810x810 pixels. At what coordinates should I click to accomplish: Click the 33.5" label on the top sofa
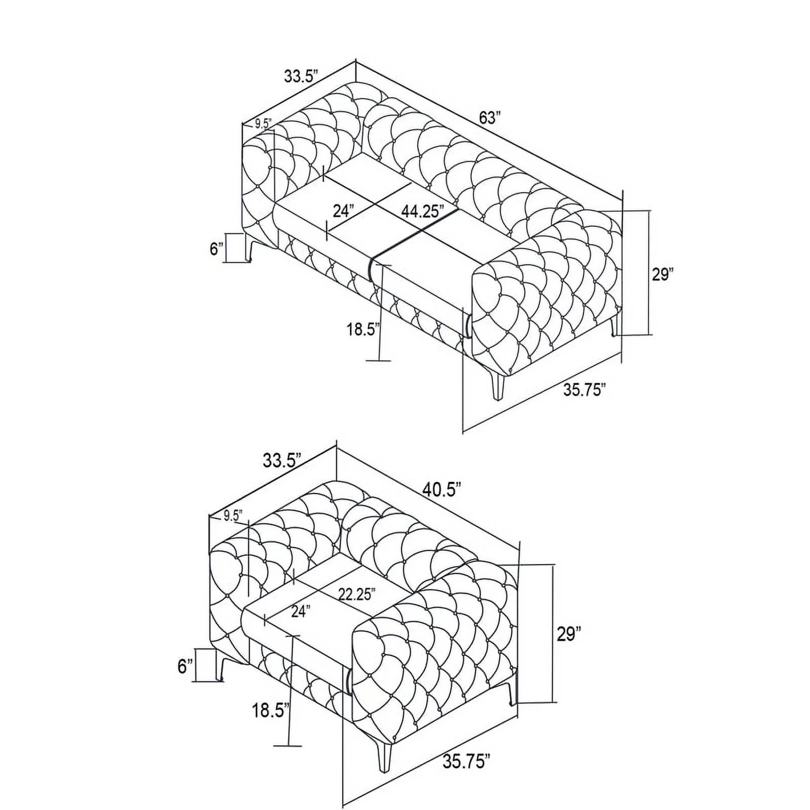(x=300, y=77)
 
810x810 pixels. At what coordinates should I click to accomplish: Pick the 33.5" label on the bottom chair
(x=282, y=461)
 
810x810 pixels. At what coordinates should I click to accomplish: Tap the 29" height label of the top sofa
(x=663, y=274)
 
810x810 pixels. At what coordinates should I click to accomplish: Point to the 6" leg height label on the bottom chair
(x=185, y=667)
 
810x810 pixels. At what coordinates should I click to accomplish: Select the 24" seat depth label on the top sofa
(x=343, y=211)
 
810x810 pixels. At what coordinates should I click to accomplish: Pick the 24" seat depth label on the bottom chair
(x=300, y=612)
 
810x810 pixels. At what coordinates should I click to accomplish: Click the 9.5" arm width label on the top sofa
(x=263, y=123)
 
